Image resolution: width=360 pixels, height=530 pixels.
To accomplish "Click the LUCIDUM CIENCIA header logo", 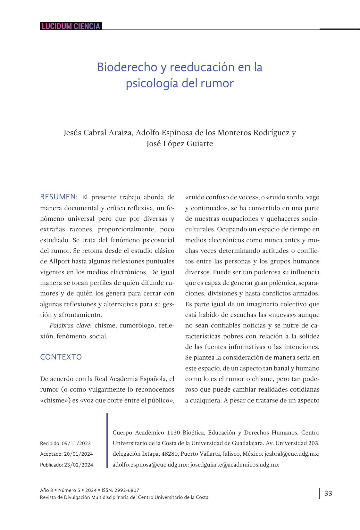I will point(71,26).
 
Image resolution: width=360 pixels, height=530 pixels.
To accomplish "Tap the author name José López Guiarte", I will point(180,144).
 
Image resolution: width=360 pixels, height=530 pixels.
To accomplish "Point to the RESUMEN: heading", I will point(59,197).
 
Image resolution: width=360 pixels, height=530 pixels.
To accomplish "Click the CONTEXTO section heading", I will point(61,357).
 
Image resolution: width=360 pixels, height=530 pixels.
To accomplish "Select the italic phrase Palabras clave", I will point(69,326).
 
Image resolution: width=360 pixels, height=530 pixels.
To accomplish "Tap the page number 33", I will point(328,493).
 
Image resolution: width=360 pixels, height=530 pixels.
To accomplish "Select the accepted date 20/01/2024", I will point(79,454).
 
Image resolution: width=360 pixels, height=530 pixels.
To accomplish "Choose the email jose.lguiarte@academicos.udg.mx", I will point(235,465).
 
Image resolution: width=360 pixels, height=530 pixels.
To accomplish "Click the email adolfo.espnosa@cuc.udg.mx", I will point(150,465).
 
